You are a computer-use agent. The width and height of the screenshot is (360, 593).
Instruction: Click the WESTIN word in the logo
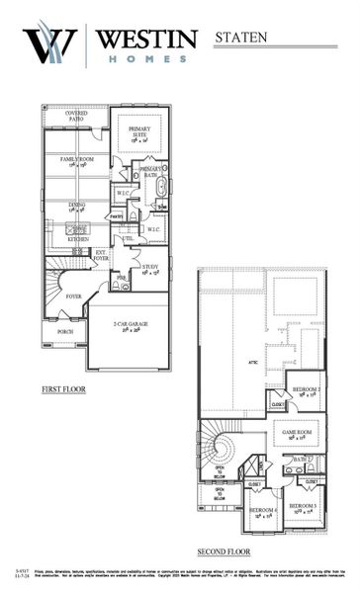click(146, 39)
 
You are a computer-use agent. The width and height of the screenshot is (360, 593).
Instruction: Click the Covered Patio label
click(76, 116)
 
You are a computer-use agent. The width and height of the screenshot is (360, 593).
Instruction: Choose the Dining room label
click(75, 207)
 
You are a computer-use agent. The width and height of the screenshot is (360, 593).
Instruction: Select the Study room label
click(150, 267)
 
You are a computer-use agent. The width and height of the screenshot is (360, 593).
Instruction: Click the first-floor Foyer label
click(73, 296)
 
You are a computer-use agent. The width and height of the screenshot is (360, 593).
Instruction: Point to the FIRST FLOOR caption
click(63, 389)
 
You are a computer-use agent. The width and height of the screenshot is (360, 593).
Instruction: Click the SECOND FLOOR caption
click(225, 551)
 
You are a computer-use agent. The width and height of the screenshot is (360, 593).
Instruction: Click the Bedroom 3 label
click(303, 507)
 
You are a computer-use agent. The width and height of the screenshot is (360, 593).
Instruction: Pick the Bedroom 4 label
click(262, 513)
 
